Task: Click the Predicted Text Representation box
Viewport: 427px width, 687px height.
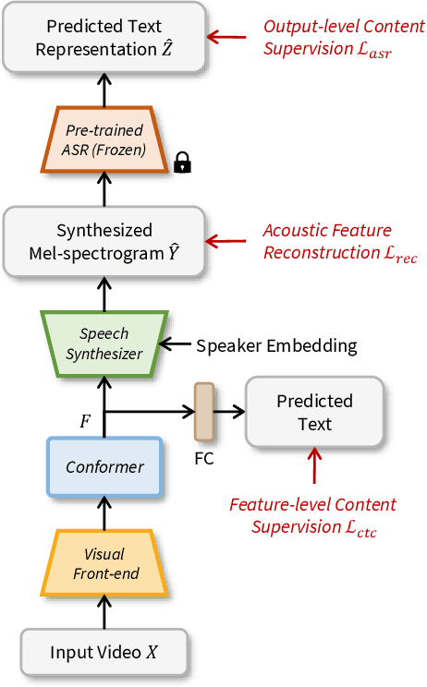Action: pos(104,38)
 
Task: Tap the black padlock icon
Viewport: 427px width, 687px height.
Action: pos(182,164)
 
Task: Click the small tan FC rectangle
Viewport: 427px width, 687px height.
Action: pos(204,412)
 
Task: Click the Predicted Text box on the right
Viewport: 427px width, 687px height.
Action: pos(314,412)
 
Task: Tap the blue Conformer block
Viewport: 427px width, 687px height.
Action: pos(104,467)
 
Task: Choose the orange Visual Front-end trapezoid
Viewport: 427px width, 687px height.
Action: pos(104,563)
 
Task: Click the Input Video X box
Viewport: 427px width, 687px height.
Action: pos(104,652)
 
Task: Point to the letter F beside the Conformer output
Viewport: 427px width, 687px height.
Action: pos(85,421)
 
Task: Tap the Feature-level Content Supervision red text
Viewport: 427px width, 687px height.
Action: pos(312,516)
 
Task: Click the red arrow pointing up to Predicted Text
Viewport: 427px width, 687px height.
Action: pos(314,466)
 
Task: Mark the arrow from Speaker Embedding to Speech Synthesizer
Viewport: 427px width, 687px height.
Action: pos(175,345)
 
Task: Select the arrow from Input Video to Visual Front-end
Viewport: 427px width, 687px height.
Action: pos(104,611)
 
